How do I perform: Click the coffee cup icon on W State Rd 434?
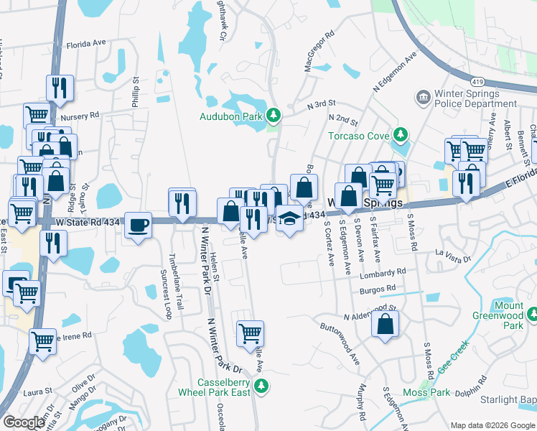[139, 225]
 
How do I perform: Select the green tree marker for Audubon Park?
[273, 115]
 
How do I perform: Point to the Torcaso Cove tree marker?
[399, 135]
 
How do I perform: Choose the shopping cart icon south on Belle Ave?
[250, 333]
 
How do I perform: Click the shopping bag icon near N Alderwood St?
[386, 324]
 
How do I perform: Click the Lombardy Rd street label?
[385, 273]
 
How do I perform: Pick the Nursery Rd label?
[81, 116]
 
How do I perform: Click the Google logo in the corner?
[24, 422]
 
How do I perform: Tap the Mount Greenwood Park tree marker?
[532, 315]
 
